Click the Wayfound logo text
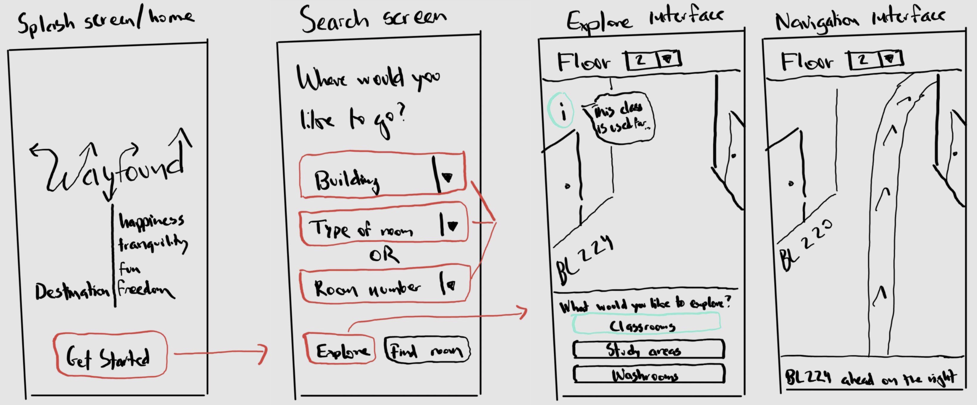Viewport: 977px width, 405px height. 114,171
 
